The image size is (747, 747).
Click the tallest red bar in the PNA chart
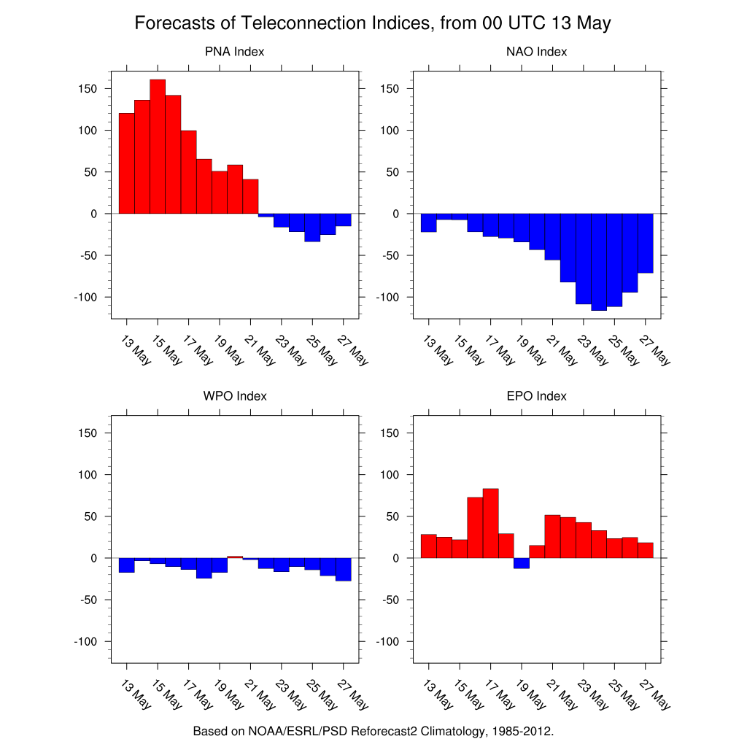pyautogui.click(x=158, y=146)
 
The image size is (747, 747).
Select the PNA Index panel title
pyautogui.click(x=234, y=52)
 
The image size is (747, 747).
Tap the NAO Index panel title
pyautogui.click(x=536, y=52)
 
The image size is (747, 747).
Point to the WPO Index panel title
pyautogui.click(x=234, y=396)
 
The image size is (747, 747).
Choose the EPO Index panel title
pyautogui.click(x=536, y=396)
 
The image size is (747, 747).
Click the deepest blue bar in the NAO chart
pyautogui.click(x=599, y=262)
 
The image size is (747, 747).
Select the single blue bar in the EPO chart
pyautogui.click(x=521, y=563)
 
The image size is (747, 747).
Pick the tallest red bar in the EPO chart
pyautogui.click(x=490, y=523)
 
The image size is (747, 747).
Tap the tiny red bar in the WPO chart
pyautogui.click(x=235, y=557)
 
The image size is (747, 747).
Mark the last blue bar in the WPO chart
pyautogui.click(x=343, y=569)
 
